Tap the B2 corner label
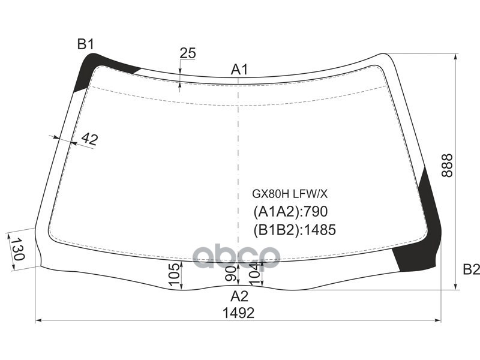pos(472,269)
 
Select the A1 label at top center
pos(239,70)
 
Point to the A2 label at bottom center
pos(239,295)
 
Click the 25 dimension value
pos(188,53)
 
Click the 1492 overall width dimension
pos(239,313)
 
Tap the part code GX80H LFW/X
pos(289,193)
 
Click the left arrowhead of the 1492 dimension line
pos(39,321)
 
